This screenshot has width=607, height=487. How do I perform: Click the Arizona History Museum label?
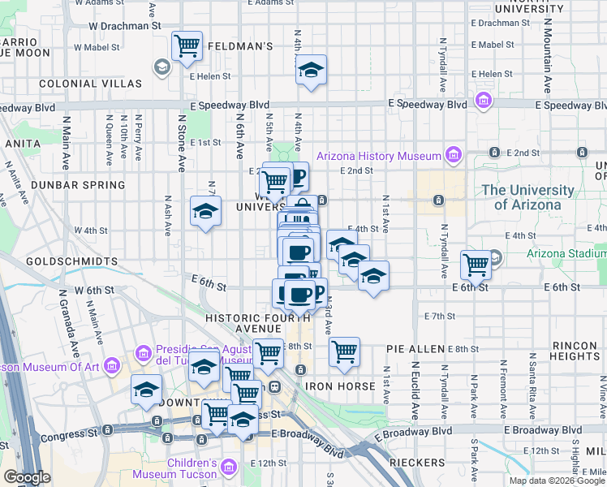pyautogui.click(x=378, y=156)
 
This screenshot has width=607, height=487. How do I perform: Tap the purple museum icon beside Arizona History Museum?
pyautogui.click(x=453, y=155)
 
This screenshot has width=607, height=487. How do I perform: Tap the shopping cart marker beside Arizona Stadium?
pyautogui.click(x=476, y=264)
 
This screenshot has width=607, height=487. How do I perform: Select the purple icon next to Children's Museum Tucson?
pyautogui.click(x=228, y=468)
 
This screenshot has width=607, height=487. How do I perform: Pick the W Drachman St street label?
pyautogui.click(x=124, y=25)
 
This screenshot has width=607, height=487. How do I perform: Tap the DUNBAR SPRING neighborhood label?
pyautogui.click(x=78, y=185)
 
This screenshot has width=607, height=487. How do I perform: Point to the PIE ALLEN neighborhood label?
pyautogui.click(x=415, y=349)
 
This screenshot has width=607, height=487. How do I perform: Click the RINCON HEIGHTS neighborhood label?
pyautogui.click(x=575, y=351)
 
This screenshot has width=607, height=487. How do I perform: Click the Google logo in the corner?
pyautogui.click(x=27, y=477)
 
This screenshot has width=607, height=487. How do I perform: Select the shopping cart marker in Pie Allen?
pyautogui.click(x=344, y=351)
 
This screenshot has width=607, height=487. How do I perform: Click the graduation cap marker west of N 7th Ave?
pyautogui.click(x=205, y=212)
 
